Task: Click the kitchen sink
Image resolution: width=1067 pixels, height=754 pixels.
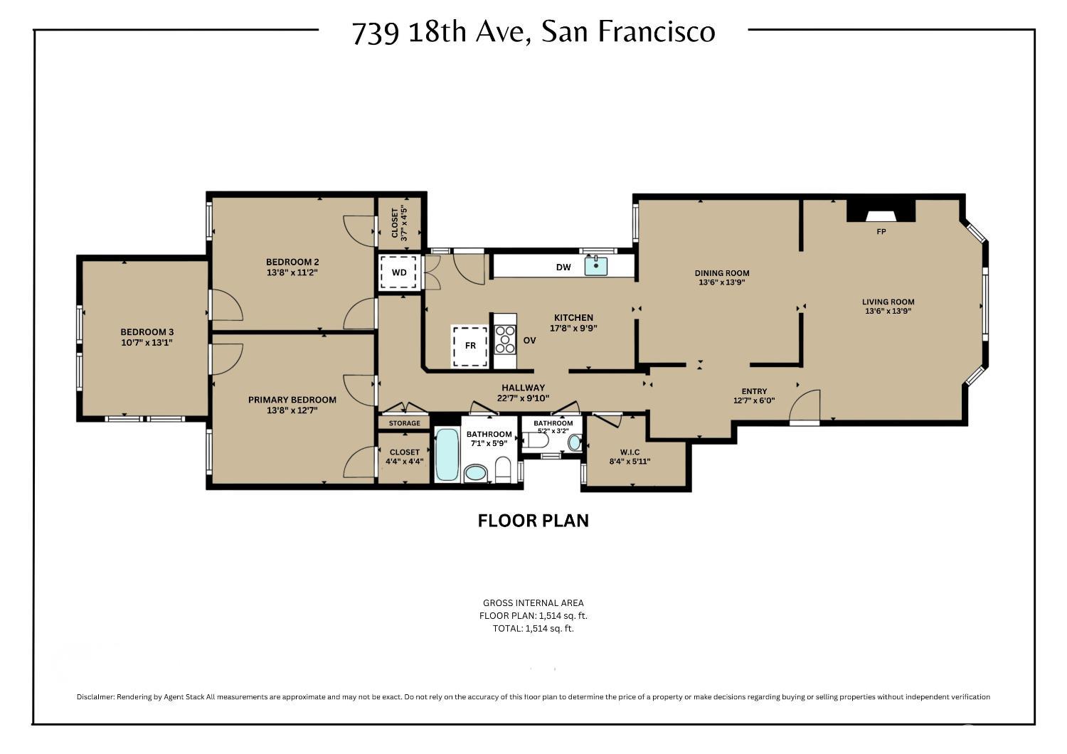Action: click(596, 266)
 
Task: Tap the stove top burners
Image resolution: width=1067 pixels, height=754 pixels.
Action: click(505, 339)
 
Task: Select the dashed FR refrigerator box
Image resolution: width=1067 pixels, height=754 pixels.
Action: click(470, 346)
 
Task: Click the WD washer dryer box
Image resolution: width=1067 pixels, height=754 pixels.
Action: click(398, 272)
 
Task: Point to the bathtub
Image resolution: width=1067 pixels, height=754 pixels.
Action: click(447, 455)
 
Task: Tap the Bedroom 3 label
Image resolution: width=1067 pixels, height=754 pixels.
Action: click(147, 332)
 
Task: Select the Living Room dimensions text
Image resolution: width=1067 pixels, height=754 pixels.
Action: click(888, 312)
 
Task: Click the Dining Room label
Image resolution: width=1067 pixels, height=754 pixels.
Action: click(722, 273)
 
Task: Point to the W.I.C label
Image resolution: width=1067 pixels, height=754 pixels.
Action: click(630, 452)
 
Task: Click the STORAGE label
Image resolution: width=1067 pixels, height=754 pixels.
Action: click(405, 423)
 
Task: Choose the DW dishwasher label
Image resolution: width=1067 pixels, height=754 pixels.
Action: click(563, 267)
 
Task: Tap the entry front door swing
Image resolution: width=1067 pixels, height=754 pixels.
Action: click(805, 405)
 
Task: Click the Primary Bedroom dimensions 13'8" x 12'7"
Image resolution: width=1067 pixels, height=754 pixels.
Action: click(292, 410)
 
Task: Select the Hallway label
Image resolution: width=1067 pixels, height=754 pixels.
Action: click(523, 388)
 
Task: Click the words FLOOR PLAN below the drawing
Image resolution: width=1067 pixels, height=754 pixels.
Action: click(533, 521)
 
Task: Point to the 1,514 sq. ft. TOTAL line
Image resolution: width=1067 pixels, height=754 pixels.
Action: click(533, 628)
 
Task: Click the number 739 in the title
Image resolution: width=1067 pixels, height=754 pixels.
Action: click(376, 33)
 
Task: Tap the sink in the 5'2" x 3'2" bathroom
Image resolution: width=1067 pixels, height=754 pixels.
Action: click(575, 442)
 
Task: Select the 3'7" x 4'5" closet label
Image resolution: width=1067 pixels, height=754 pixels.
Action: click(399, 223)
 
